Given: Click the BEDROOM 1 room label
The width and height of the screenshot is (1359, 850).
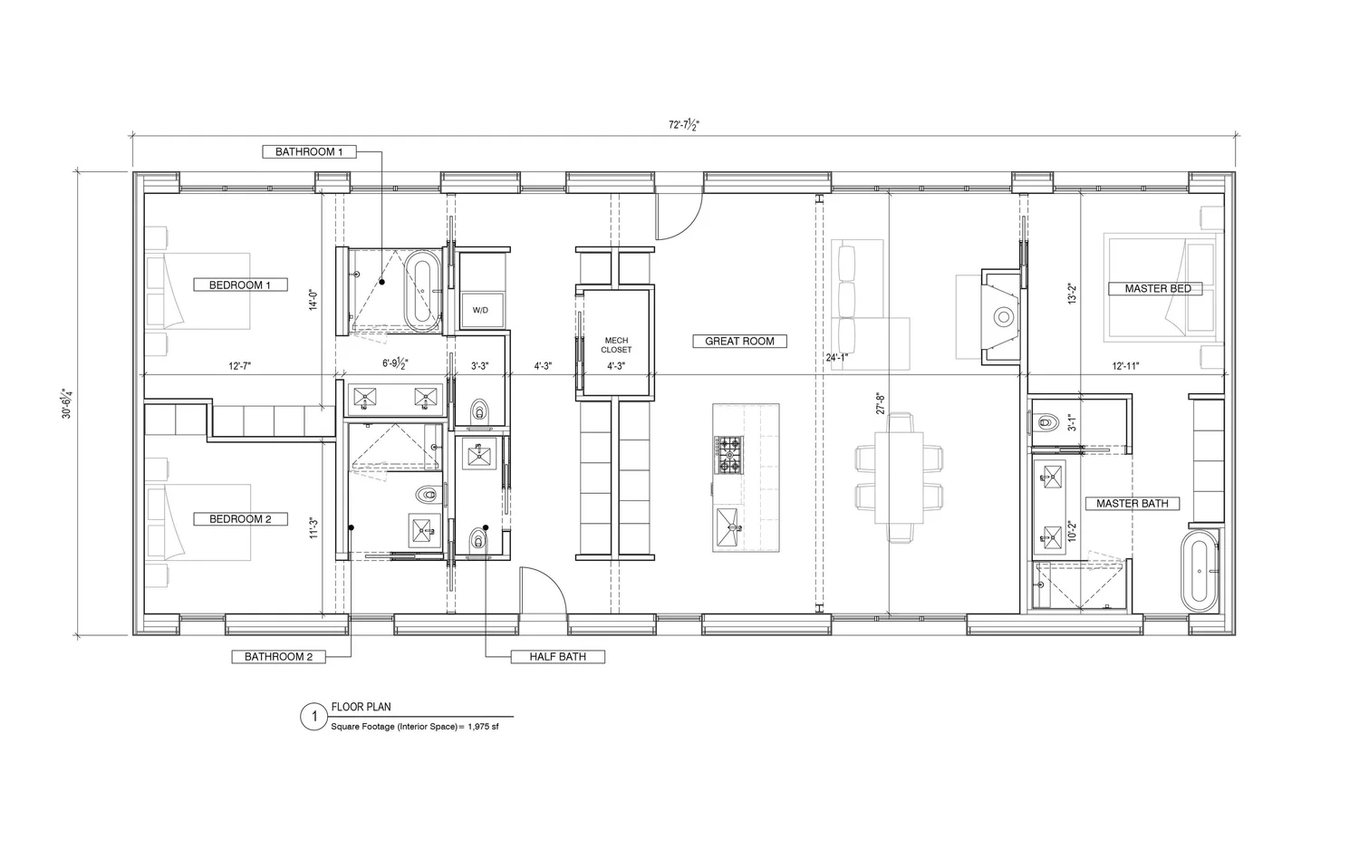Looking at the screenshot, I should click(240, 285).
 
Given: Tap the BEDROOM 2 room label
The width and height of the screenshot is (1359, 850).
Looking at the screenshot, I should click(240, 519).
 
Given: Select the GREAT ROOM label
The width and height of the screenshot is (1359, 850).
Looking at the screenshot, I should click(739, 342).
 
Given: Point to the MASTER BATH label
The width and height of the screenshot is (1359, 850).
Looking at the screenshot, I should click(1132, 504).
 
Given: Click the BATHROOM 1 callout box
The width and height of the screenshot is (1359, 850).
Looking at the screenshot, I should click(308, 152).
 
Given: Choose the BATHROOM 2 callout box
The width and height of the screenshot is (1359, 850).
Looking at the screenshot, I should click(278, 657).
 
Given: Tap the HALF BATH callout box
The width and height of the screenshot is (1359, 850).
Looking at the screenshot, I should click(557, 657).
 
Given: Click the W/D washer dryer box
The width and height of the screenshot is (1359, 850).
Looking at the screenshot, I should click(480, 310).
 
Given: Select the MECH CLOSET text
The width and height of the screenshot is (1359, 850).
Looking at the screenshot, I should click(616, 345).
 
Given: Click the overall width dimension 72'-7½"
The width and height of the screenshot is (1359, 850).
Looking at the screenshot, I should click(684, 126).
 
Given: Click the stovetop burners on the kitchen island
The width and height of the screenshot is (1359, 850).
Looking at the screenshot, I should click(728, 455).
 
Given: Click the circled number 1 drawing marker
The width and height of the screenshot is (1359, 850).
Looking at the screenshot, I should click(313, 718).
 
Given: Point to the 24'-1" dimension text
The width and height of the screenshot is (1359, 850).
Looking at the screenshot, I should click(836, 357).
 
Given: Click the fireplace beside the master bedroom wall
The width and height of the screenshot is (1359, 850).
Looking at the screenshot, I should click(1002, 316).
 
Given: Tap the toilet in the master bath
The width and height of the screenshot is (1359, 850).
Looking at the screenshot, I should click(1046, 422).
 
